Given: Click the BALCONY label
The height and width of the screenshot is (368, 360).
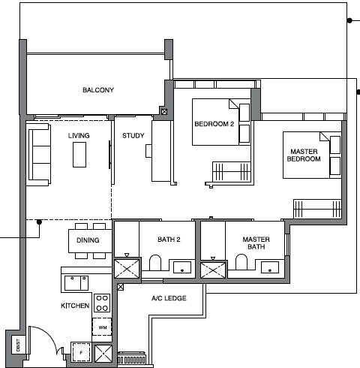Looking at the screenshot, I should click(98, 90).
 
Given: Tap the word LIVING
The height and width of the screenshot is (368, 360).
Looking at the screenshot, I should click(79, 135).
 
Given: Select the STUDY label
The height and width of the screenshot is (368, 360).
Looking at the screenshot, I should click(133, 135).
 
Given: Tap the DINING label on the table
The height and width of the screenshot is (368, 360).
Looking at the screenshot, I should click(88, 240).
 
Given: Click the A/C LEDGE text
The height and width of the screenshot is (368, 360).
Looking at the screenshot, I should click(168, 298).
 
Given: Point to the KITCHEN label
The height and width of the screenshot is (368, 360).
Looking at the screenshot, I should click(76, 306).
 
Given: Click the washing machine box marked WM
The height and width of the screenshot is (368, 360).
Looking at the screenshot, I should click(102, 327).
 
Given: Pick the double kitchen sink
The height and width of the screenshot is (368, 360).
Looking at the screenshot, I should click(76, 282).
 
